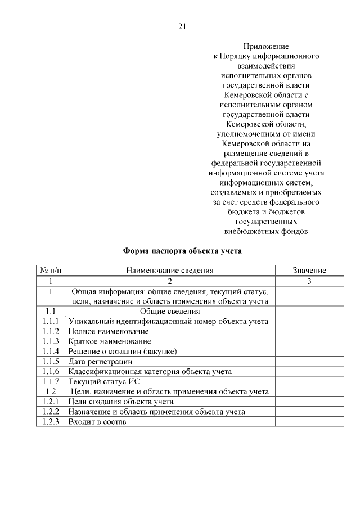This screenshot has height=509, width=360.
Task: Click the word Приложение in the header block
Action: coord(266,47)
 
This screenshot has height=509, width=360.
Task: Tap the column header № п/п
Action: coord(51,271)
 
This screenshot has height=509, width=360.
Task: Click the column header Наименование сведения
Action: coord(170,271)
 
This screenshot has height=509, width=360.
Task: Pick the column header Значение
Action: coord(309,271)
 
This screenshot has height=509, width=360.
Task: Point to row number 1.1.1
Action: coord(51,321)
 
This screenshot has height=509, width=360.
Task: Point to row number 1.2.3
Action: coord(51,422)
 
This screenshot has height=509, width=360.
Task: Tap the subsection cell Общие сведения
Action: coord(170,311)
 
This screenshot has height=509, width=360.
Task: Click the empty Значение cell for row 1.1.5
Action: coord(309,362)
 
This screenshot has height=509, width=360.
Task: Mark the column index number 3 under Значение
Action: coord(309,281)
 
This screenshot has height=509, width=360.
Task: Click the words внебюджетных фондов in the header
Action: coord(266,231)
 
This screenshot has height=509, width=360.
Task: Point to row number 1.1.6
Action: coord(51,372)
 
